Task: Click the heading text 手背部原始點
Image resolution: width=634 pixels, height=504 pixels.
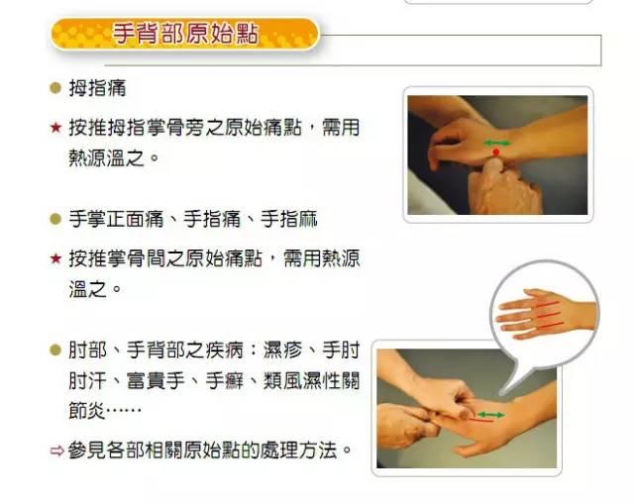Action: [x=185, y=35]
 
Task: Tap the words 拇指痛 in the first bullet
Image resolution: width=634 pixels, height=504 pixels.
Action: [x=97, y=88]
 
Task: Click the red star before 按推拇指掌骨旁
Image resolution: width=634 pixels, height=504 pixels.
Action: [x=54, y=128]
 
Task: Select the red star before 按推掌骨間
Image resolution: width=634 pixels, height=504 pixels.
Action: [x=54, y=259]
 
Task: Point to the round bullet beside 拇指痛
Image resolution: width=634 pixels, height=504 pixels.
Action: [x=55, y=88]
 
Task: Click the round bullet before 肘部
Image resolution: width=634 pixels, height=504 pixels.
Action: [x=55, y=350]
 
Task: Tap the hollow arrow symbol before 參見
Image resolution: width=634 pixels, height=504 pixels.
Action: [x=55, y=451]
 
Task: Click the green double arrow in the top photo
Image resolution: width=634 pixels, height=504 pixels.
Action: [x=497, y=144]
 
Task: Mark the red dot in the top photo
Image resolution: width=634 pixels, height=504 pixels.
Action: [x=497, y=152]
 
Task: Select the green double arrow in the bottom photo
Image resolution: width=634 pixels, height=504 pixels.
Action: [x=491, y=413]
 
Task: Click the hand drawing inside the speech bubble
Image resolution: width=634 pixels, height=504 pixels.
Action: [x=544, y=315]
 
